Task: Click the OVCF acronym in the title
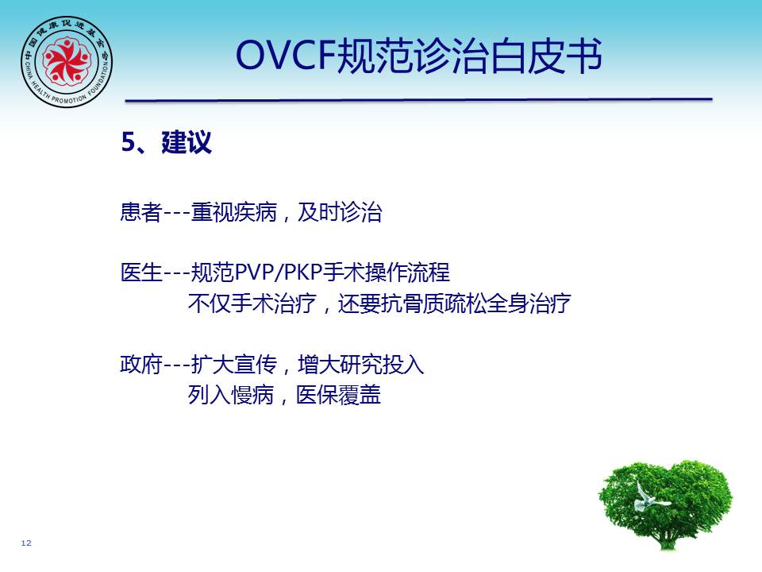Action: pos(286,56)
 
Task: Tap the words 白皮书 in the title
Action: pos(545,56)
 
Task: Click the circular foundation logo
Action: pos(67,61)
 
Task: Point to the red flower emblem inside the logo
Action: pos(67,60)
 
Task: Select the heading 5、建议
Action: pos(166,142)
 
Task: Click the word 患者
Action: pos(141,212)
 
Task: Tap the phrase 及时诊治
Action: pos(339,212)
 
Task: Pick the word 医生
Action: pos(141,272)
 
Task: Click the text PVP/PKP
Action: pos(279,272)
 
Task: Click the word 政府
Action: pos(141,365)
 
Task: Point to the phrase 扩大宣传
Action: pos(233,365)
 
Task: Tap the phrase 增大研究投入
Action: pos(361,365)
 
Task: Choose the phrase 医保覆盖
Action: pos(338,395)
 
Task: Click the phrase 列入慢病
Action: pos(231,395)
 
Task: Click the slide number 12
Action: pos(26,543)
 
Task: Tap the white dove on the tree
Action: pos(648,497)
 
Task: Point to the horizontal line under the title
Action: pos(419,100)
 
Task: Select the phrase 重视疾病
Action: pos(233,212)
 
